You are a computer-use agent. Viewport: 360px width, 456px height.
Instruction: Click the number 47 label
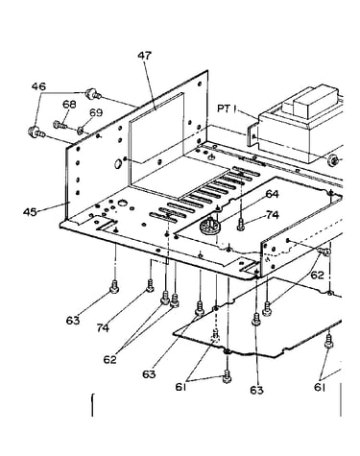[x=144, y=56]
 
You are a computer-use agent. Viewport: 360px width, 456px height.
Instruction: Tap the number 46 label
[x=38, y=86]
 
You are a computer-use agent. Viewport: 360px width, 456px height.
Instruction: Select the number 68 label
[x=69, y=105]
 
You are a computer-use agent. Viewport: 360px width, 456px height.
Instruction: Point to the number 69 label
[x=96, y=112]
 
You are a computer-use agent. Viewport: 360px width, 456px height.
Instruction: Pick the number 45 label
[x=30, y=212]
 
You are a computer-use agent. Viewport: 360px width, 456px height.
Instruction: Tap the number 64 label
[x=272, y=194]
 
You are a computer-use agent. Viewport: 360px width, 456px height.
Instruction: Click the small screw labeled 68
[x=60, y=125]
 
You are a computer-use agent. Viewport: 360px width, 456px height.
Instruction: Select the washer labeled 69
[x=80, y=130]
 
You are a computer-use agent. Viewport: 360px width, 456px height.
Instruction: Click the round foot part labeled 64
[x=209, y=226]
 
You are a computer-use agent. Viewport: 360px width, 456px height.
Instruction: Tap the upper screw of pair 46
[x=92, y=94]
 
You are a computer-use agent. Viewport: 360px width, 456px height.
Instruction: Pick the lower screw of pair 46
[x=36, y=132]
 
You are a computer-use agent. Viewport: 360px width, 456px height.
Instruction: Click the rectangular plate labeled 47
[x=156, y=128]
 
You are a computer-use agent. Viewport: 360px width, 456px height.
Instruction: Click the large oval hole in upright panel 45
[x=117, y=163]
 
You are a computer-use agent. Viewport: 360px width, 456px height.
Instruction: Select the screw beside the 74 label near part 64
[x=241, y=224]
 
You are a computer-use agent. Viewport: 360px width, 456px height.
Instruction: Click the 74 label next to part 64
[x=273, y=215]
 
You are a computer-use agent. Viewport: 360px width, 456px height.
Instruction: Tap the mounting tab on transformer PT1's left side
[x=252, y=135]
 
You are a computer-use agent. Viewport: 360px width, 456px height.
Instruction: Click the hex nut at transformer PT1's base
[x=333, y=159]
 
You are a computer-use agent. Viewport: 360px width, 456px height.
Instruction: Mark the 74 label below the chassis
[x=103, y=327]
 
